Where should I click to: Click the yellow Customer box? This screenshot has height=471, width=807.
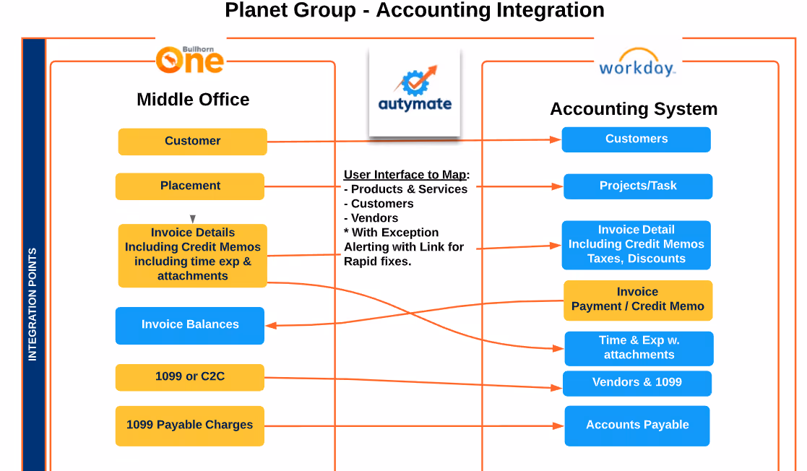192,142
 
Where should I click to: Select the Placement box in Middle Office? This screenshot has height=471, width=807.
190,186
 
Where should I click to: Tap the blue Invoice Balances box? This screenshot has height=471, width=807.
190,325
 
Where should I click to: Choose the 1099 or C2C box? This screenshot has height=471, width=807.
190,377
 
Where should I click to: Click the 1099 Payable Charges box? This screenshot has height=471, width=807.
190,425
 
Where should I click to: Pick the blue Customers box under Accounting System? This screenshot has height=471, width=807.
636,139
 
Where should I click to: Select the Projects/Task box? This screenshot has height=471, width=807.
638,186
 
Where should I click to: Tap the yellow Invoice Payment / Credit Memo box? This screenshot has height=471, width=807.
638,300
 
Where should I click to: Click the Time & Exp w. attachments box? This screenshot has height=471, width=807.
639,348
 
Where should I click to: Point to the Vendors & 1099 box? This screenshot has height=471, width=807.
637,383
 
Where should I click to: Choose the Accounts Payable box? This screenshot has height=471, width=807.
637,425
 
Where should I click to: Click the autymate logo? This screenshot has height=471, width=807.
415,92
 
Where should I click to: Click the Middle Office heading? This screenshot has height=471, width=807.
193,100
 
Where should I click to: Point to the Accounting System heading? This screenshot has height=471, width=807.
634,109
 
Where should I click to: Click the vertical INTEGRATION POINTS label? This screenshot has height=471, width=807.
33,304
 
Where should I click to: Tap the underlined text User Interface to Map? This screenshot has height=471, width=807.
405,175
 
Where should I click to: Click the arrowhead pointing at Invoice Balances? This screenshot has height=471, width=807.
271,326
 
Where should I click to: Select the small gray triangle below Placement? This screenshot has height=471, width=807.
193,218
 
